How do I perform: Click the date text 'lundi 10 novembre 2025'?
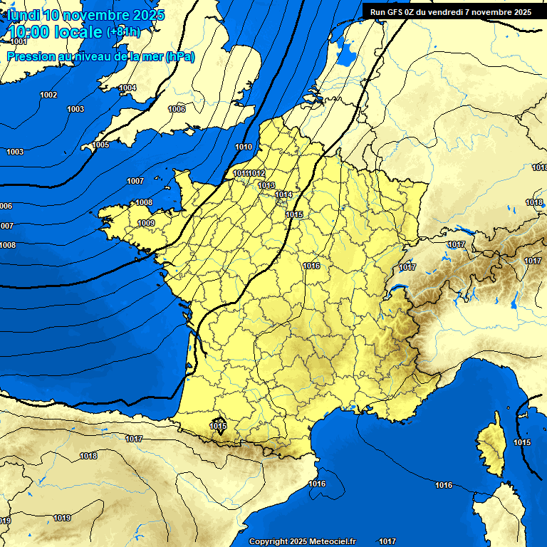[x=85, y=15]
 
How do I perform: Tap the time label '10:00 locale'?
[x=56, y=32]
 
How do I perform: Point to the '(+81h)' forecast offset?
[x=123, y=32]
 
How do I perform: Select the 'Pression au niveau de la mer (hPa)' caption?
[x=100, y=57]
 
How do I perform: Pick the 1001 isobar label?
[x=19, y=42]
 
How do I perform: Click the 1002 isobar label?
[x=48, y=95]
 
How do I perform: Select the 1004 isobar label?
[x=127, y=88]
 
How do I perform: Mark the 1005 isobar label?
[x=100, y=145]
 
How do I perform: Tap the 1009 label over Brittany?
[x=146, y=223]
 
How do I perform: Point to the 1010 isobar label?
[x=244, y=147]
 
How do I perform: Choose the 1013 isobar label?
[x=266, y=185]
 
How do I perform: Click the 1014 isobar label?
[x=284, y=194]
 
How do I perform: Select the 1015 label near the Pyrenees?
[x=218, y=426]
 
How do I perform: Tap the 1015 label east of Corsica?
[x=522, y=442]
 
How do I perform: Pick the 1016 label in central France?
[x=311, y=266]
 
